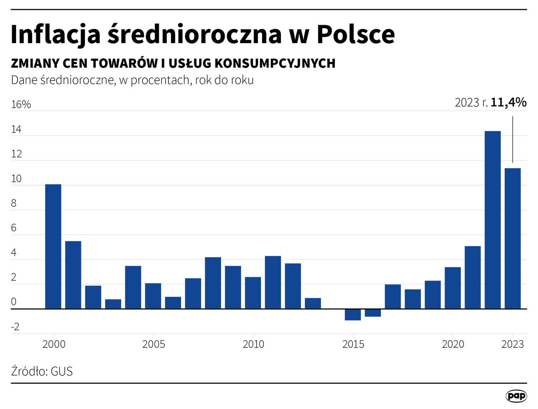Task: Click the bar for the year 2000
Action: tap(53, 246)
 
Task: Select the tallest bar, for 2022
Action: tap(493, 220)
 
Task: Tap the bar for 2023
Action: tap(512, 238)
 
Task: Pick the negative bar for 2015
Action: tap(353, 315)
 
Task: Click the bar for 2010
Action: tap(253, 293)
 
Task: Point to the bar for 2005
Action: tap(153, 296)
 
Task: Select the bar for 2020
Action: tap(453, 288)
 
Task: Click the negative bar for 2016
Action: tap(373, 313)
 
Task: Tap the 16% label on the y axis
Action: tap(21, 105)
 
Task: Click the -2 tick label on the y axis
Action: tap(15, 327)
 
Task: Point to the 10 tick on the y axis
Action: tap(16, 179)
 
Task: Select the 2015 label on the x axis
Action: tap(353, 344)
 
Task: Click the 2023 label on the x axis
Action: tap(512, 344)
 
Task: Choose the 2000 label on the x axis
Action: tap(54, 344)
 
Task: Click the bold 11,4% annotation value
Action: tap(508, 103)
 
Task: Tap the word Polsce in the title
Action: tap(356, 34)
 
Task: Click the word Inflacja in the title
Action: tap(55, 34)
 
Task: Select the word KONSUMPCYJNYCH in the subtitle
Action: tap(275, 63)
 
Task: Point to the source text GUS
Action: tap(62, 371)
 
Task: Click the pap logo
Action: tap(516, 396)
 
